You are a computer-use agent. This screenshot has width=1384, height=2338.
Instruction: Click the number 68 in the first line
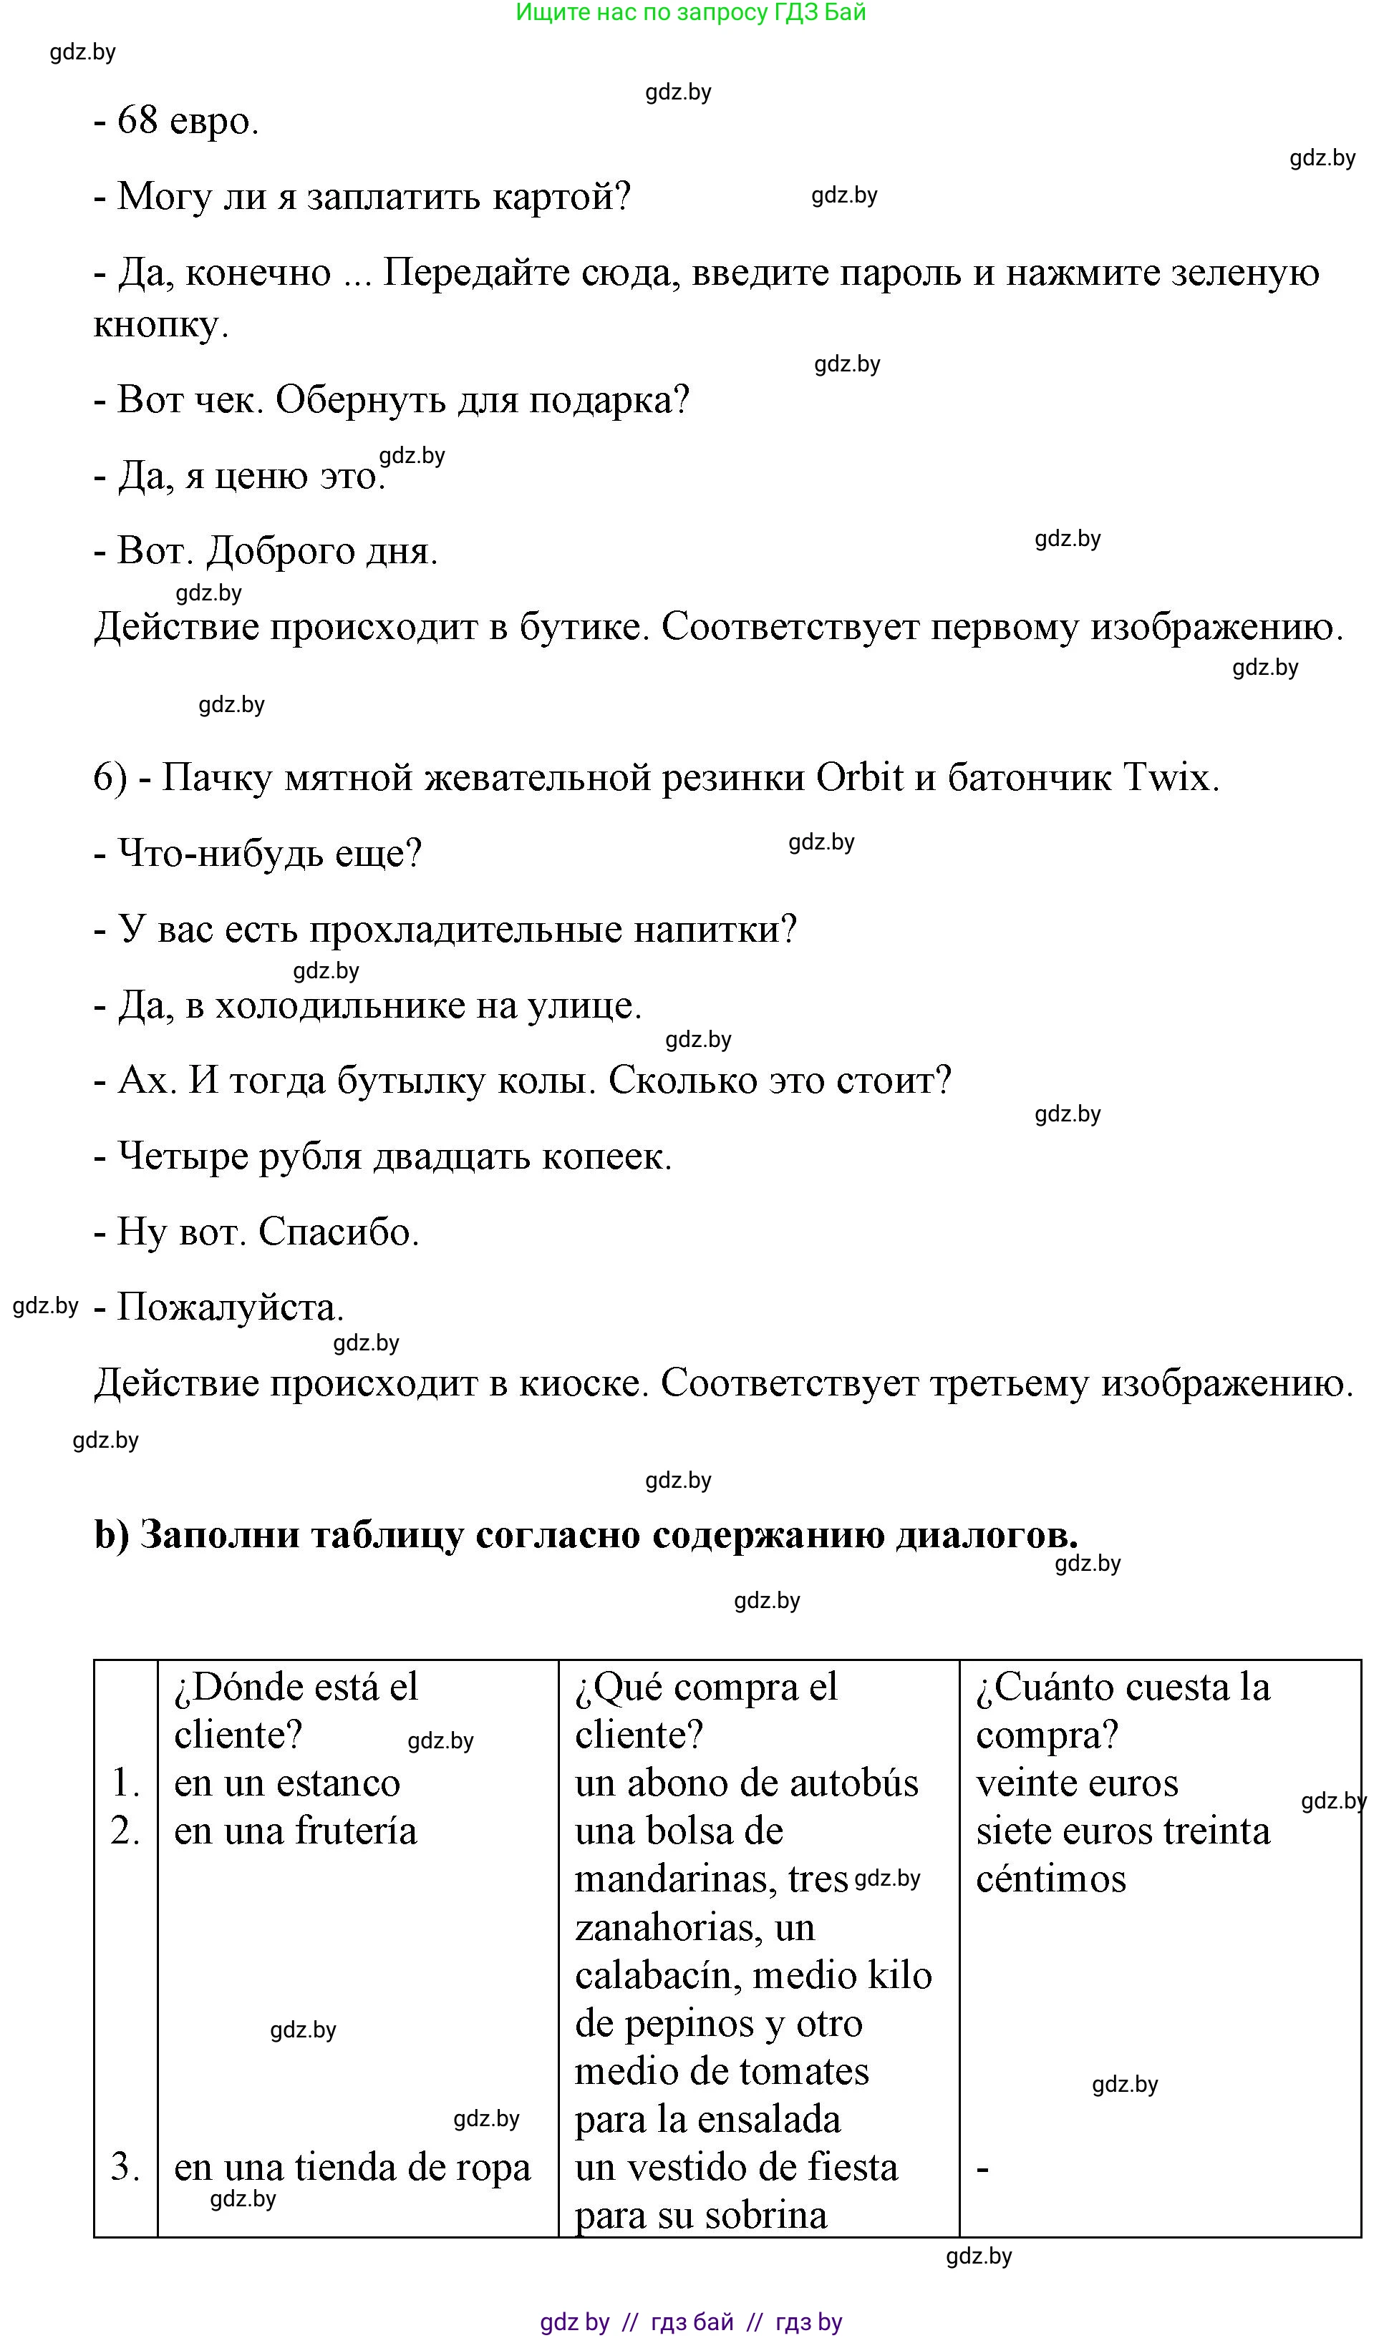[x=137, y=121]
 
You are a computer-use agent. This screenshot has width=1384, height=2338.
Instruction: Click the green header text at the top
[x=691, y=13]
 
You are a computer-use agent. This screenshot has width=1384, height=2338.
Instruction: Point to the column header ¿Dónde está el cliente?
[x=296, y=1710]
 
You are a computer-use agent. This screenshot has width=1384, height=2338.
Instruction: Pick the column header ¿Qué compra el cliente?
[x=706, y=1710]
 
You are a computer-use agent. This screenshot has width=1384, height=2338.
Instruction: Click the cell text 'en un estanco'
[x=287, y=1783]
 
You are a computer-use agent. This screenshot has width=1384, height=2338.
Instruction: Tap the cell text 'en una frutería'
[x=296, y=1831]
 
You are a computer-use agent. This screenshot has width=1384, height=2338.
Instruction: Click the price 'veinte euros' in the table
[x=1077, y=1783]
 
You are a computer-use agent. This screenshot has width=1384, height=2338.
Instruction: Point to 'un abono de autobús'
[x=746, y=1783]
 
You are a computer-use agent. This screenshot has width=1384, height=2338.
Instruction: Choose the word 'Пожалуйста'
[x=229, y=1308]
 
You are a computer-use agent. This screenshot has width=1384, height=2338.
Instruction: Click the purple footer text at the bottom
[x=691, y=2322]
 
